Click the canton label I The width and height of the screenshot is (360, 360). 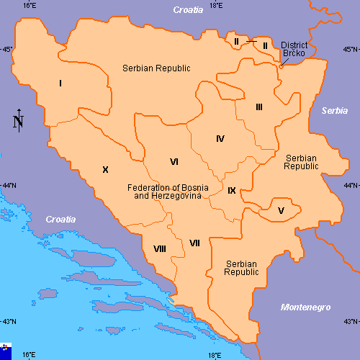click(x=60, y=84)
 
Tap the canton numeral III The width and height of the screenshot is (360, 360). click(x=258, y=107)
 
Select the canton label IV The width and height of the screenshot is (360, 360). click(x=220, y=138)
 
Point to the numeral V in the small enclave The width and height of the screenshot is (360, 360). click(x=281, y=210)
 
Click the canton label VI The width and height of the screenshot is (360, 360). click(x=174, y=161)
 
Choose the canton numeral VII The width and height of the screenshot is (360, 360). click(x=194, y=243)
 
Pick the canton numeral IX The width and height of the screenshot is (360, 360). click(x=231, y=191)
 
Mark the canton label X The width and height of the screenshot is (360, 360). click(x=105, y=170)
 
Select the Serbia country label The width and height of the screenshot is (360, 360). click(x=334, y=111)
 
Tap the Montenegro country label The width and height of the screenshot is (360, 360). click(x=305, y=307)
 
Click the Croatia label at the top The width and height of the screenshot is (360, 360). click(x=189, y=11)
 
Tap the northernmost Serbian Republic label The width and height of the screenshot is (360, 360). click(x=156, y=68)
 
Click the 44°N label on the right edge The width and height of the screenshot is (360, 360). click(x=350, y=186)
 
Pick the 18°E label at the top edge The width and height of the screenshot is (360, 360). click(x=215, y=5)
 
